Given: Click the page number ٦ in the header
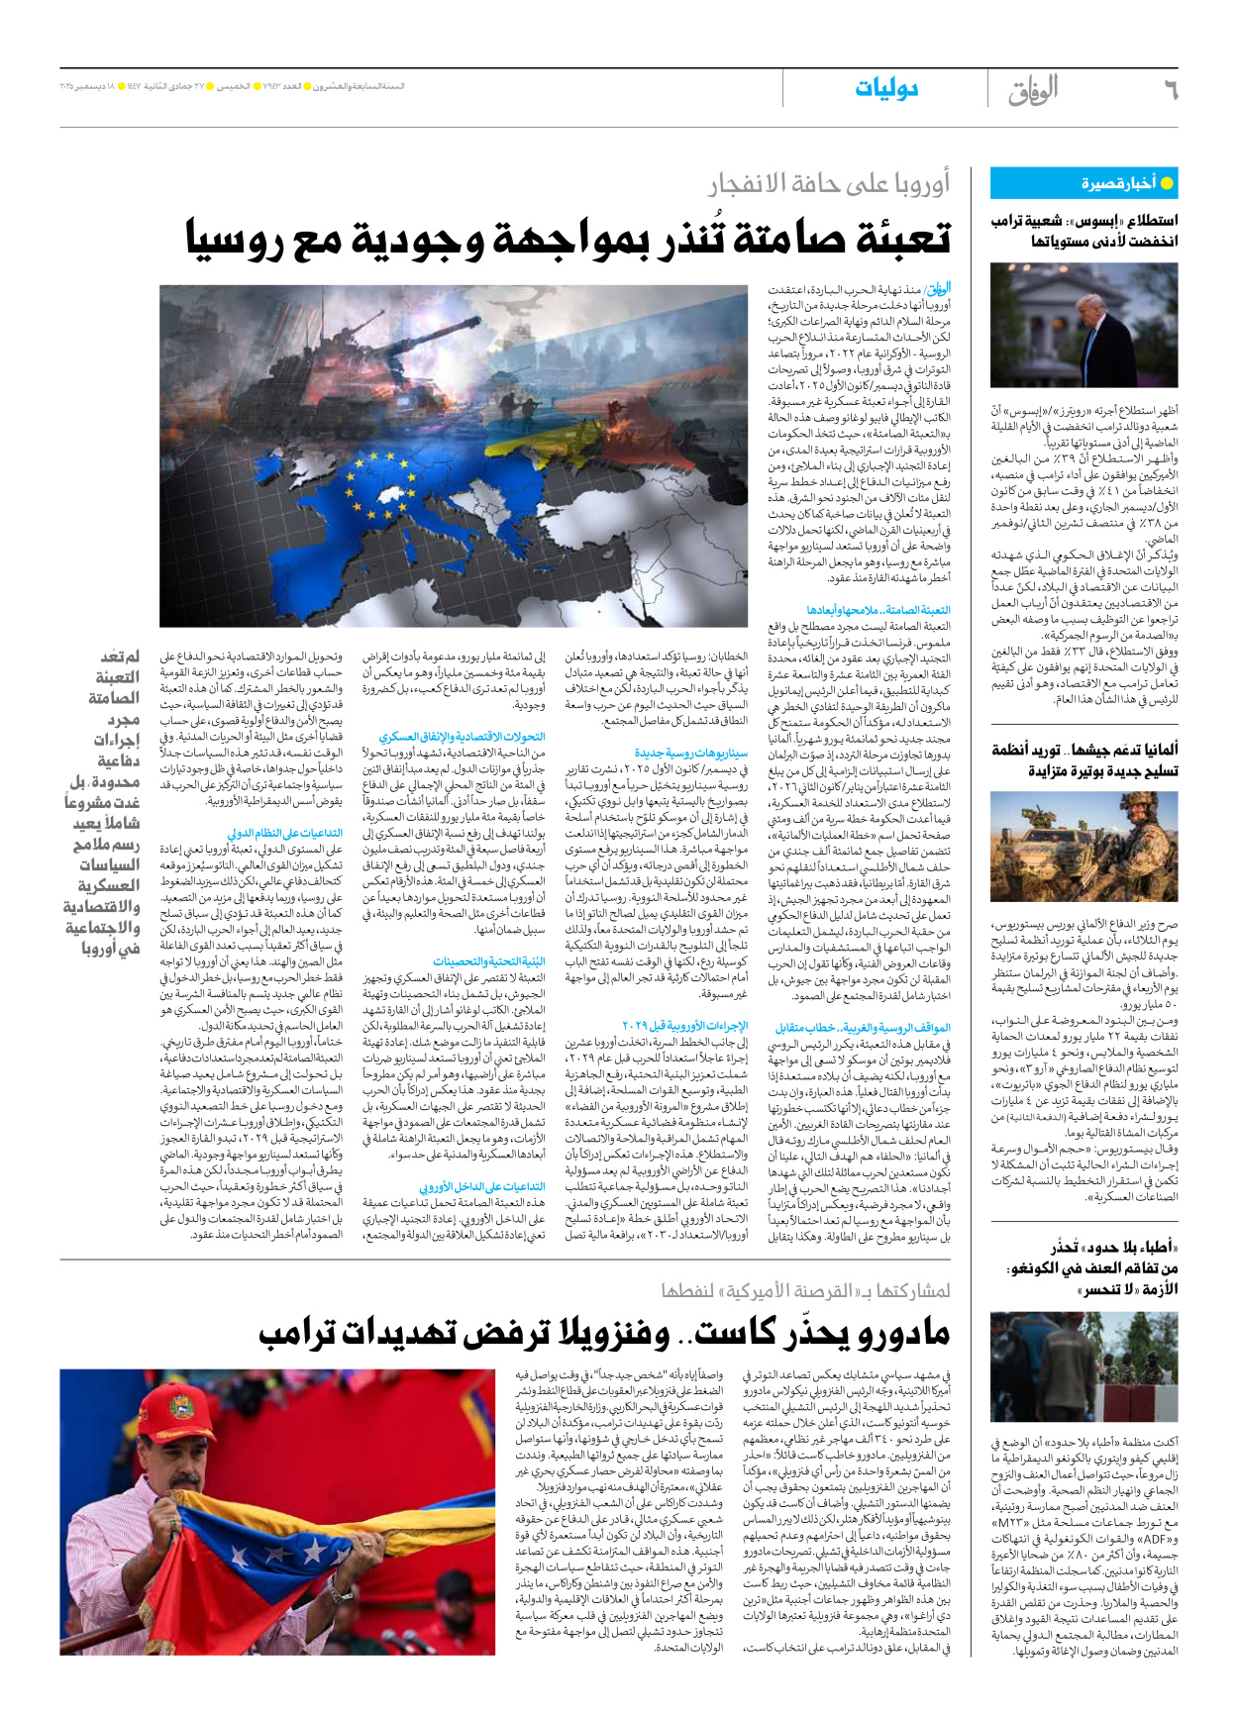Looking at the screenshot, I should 1171,91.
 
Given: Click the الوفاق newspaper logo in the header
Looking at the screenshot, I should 1033,91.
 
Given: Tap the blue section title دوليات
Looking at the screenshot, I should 886,89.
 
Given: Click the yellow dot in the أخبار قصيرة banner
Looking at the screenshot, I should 1167,183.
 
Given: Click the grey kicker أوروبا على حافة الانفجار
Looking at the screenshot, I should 828,183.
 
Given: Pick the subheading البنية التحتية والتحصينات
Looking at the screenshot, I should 489,961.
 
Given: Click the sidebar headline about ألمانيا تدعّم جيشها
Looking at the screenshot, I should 1084,759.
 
